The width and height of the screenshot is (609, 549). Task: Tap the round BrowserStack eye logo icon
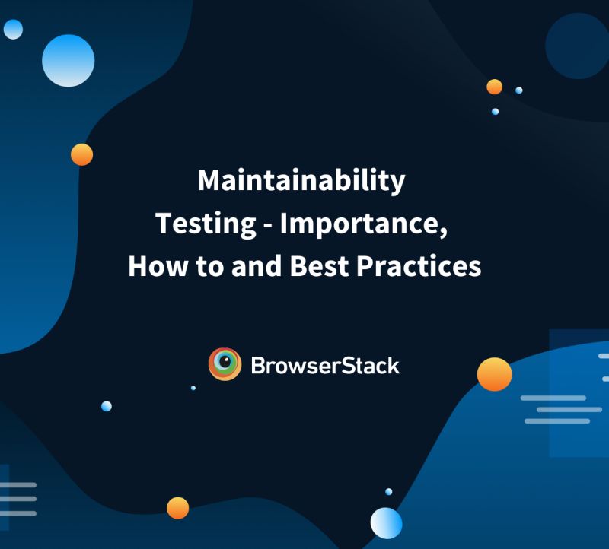(x=225, y=364)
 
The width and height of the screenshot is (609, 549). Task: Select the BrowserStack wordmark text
(x=325, y=365)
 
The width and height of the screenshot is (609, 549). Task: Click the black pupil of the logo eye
(x=226, y=361)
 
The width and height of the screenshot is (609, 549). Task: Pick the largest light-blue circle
(x=69, y=60)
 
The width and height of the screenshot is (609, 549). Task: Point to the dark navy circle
(x=577, y=46)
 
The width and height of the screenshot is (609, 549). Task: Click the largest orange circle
(x=494, y=374)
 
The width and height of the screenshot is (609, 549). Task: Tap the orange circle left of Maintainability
(x=81, y=154)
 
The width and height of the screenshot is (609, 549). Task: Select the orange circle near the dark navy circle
(x=494, y=87)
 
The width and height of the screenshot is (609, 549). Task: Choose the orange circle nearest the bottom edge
(x=177, y=507)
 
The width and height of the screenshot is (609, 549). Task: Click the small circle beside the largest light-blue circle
(x=13, y=30)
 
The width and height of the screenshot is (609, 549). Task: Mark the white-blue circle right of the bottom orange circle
(x=386, y=523)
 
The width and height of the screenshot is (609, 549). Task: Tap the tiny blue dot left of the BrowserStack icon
(x=193, y=388)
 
